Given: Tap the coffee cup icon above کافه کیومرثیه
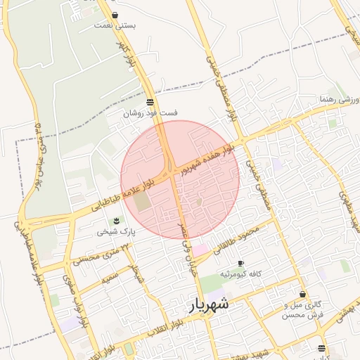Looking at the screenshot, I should coord(240,263).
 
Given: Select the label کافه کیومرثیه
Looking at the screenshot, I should coord(241,273).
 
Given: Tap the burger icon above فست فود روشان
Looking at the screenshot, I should coord(151,102).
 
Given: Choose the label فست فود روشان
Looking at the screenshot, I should coord(150,112).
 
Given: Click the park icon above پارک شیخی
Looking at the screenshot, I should coord(117,221).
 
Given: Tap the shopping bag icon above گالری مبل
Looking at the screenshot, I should coord(303,295).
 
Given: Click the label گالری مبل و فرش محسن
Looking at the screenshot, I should coord(303,310).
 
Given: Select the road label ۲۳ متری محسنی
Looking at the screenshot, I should coord(101,255).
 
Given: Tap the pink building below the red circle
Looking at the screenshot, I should coord(201,250).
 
